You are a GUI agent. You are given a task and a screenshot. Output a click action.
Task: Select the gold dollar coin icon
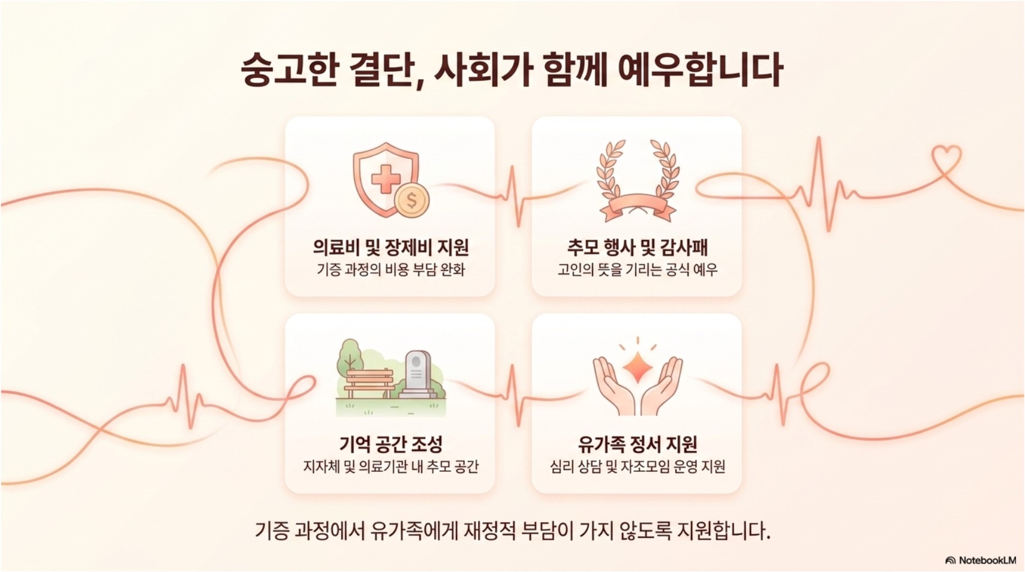pyautogui.click(x=412, y=200)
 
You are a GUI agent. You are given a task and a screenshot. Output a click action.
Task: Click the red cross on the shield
pyautogui.click(x=385, y=179)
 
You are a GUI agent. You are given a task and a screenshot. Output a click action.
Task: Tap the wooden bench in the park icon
pyautogui.click(x=369, y=384)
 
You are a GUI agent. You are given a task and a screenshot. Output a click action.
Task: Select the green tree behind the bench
pyautogui.click(x=350, y=358)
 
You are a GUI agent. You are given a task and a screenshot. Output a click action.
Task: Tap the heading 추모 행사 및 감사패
pyautogui.click(x=638, y=248)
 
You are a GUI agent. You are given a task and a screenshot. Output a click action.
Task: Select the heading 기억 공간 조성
pyautogui.click(x=391, y=444)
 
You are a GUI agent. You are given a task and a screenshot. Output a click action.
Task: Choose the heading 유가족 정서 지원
pyautogui.click(x=638, y=444)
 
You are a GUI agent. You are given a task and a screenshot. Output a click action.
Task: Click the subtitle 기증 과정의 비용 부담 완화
pyautogui.click(x=391, y=270)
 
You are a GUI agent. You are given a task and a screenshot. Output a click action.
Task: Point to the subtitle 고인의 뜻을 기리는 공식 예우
pyautogui.click(x=638, y=270)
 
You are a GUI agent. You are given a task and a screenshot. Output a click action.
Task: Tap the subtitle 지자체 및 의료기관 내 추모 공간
pyautogui.click(x=391, y=466)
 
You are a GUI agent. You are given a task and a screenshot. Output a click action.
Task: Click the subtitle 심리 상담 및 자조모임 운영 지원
pyautogui.click(x=638, y=466)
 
